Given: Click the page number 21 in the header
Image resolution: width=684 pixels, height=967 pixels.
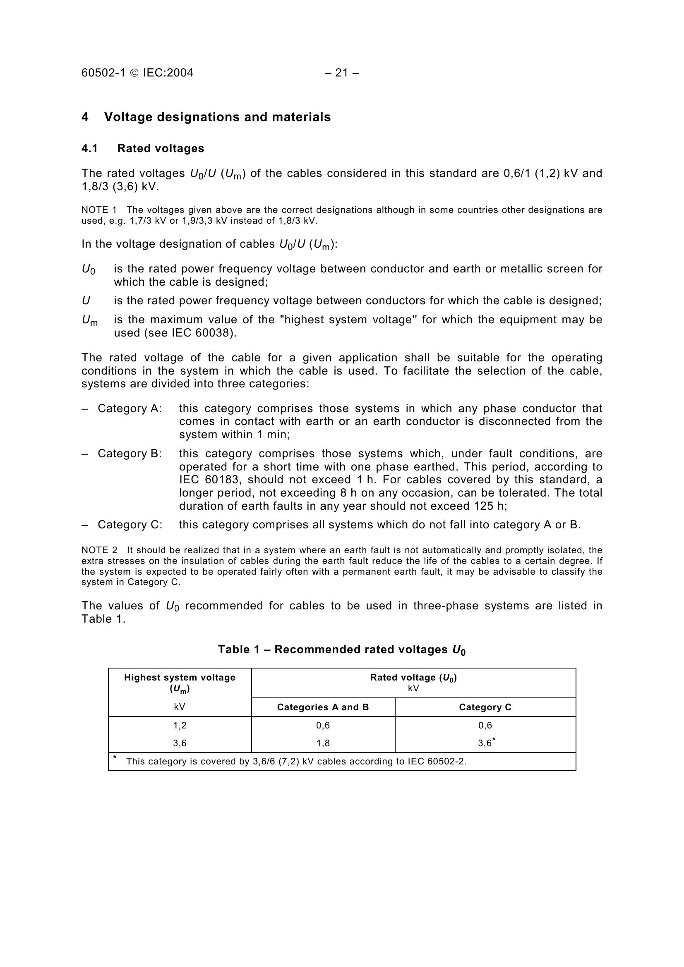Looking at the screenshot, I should [342, 73].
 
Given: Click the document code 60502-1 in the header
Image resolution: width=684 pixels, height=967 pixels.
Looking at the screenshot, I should [103, 73].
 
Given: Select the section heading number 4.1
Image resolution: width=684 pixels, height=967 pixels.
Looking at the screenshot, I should [89, 148].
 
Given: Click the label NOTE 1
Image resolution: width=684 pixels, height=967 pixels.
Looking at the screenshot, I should [99, 210].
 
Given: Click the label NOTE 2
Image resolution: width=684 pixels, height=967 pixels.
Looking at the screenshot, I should [99, 550].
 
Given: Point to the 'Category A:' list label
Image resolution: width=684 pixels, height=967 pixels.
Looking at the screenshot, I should [130, 408].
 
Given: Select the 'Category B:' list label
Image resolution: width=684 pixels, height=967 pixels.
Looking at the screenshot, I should [130, 454].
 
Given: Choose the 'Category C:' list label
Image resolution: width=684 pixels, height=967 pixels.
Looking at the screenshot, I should [130, 525].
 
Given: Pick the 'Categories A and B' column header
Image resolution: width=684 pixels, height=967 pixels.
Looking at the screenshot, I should [323, 707].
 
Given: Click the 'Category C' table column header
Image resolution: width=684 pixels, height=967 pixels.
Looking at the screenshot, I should [485, 707].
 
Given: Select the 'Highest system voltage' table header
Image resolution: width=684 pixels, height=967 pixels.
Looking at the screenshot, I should [180, 677].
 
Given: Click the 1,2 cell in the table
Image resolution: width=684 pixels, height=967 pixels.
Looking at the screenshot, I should [180, 725].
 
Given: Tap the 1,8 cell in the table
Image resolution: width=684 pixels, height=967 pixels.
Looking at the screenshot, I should [323, 743].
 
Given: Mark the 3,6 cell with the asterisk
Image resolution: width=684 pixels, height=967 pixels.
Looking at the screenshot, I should [485, 743].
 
